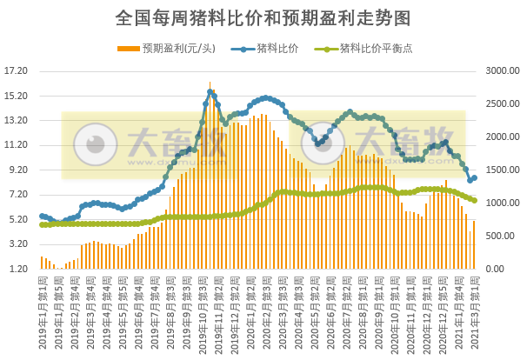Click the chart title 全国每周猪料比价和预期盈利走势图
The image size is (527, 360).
[263, 17]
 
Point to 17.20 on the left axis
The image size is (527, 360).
[17, 71]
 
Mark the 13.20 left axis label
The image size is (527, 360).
[17, 121]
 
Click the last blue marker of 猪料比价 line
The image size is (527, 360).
[474, 177]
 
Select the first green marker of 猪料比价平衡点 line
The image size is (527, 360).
[42, 225]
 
